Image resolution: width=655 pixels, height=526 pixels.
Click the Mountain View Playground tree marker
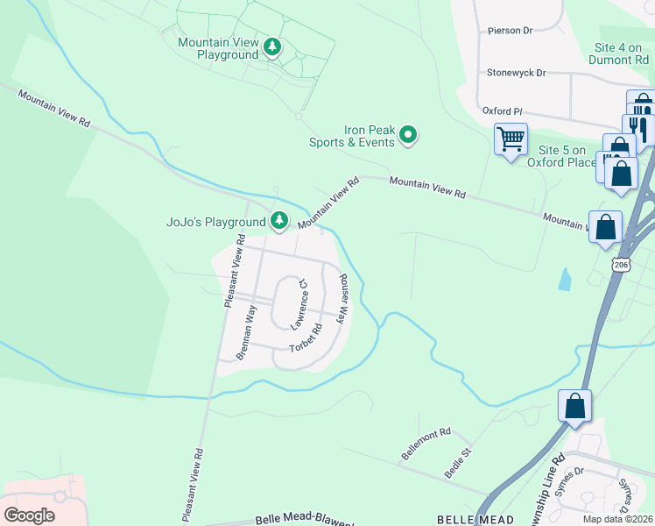272,47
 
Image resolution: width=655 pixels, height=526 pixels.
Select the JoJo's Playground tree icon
279,221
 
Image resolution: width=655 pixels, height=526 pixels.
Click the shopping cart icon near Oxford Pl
511,138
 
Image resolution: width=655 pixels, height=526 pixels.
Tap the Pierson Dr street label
510,31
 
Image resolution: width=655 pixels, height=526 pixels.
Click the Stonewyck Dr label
516,73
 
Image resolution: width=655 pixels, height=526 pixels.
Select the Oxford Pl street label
502,111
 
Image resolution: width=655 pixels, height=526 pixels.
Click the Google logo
29,515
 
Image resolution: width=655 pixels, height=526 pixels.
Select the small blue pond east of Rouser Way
565,280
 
